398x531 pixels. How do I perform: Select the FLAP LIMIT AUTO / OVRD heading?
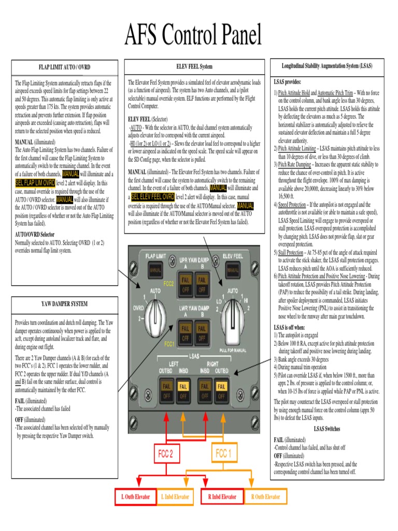pyautogui.click(x=65, y=67)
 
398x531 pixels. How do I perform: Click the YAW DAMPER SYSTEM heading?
pyautogui.click(x=65, y=303)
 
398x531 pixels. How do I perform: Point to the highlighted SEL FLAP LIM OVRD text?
pyautogui.click(x=35, y=183)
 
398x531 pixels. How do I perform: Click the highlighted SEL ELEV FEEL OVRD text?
pyautogui.click(x=153, y=197)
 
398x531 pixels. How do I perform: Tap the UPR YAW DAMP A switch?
pyautogui.click(x=185, y=284)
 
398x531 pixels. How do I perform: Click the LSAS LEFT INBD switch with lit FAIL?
pyautogui.click(x=183, y=391)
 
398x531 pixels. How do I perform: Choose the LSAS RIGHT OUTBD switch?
pyautogui.click(x=221, y=391)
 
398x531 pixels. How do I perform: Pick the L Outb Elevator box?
pyautogui.click(x=135, y=496)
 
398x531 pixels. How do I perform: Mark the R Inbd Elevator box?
pyautogui.click(x=222, y=496)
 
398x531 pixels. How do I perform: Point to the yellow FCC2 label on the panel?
pyautogui.click(x=168, y=284)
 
